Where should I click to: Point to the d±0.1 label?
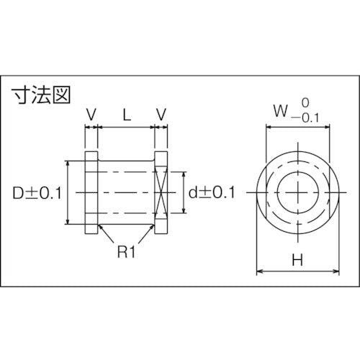[x=212, y=193]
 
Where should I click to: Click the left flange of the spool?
[x=91, y=193]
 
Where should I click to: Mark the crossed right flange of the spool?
[x=161, y=193]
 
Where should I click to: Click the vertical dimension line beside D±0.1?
[x=68, y=193]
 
